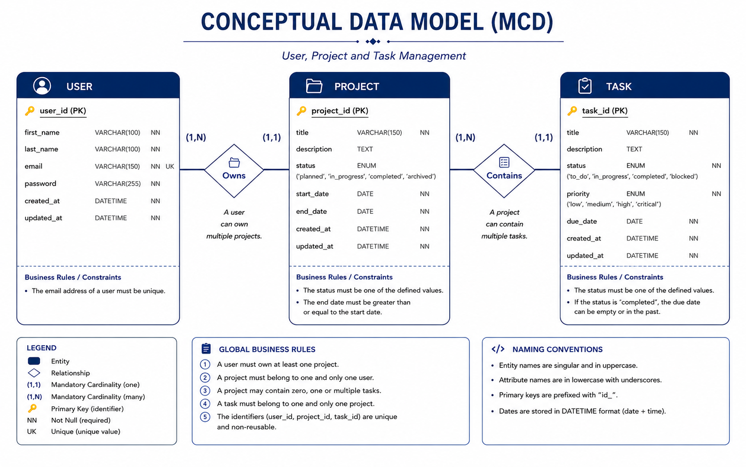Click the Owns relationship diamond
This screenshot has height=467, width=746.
pos(234,171)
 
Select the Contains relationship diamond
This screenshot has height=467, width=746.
pos(504,171)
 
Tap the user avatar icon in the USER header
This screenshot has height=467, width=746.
pos(42,86)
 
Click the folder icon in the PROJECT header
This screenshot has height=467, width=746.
pos(314,86)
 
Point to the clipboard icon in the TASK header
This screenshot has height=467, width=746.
pos(585,86)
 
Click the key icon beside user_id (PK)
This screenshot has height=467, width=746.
pos(30,111)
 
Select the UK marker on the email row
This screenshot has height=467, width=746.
pos(170,166)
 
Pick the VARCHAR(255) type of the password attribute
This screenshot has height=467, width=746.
pos(118,184)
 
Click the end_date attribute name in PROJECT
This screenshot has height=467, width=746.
pos(311,211)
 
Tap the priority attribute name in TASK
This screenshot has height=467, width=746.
pos(578,194)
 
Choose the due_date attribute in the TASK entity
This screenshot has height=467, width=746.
pos(582,221)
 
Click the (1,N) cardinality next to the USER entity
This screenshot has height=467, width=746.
pos(196,137)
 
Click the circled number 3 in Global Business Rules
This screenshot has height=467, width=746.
pos(205,391)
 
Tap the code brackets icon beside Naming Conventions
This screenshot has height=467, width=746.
pos(498,349)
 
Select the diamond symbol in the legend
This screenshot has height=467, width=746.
pos(34,373)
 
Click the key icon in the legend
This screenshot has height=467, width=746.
pos(32,408)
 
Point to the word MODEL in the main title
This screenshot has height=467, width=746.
pos(446,22)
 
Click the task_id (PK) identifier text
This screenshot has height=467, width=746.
pos(604,111)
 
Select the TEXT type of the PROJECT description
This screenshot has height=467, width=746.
pos(365,149)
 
